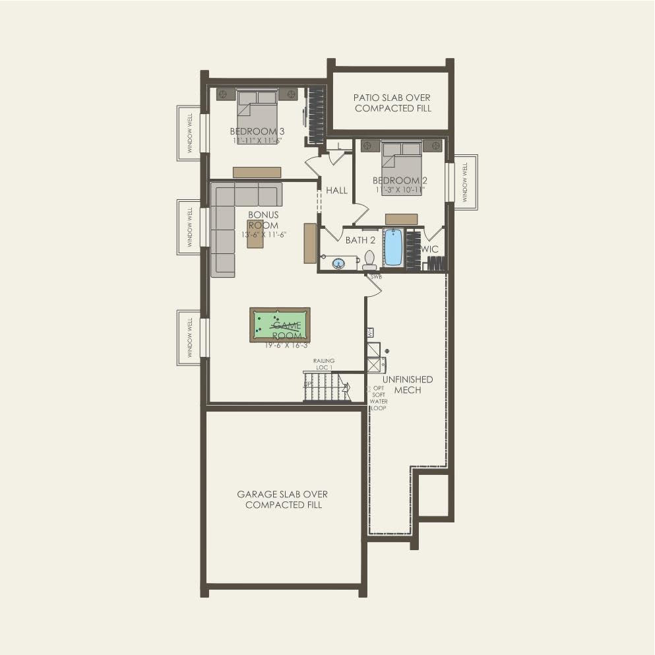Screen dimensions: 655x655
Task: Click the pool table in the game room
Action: pos(280,325)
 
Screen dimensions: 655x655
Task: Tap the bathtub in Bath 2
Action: pos(393,247)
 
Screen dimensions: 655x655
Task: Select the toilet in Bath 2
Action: pos(369,259)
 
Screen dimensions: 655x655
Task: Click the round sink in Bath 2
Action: pos(339,263)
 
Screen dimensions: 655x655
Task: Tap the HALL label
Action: pos(336,191)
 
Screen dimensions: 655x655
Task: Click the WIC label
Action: pos(430,249)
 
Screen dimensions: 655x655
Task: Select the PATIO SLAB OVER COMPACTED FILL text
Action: pos(392,103)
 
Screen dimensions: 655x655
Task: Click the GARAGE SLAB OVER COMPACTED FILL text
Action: pos(283,499)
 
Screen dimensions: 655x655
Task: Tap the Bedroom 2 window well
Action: pos(465,183)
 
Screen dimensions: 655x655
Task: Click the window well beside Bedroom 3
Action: pos(189,133)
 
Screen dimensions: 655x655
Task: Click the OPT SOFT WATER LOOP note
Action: pos(379,398)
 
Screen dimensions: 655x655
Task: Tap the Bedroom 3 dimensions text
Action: pos(257,140)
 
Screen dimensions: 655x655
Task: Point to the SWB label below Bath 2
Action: pos(376,276)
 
